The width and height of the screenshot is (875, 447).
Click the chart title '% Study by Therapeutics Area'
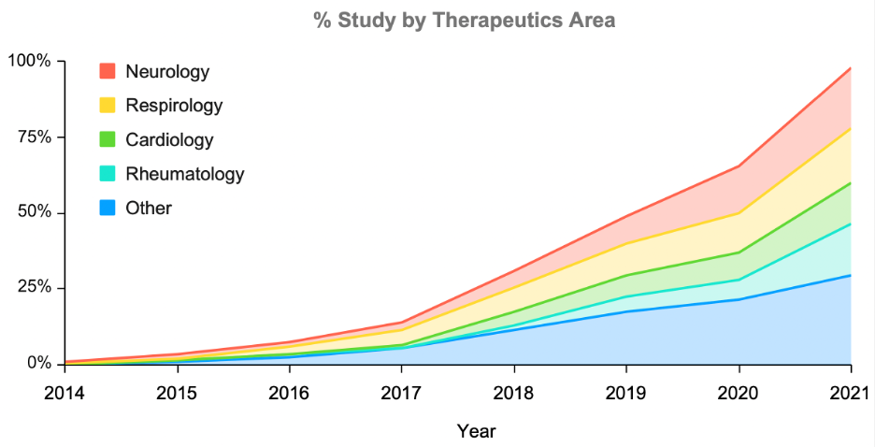click(465, 21)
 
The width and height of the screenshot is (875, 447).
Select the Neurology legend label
click(167, 72)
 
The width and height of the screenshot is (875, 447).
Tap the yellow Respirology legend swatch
click(108, 106)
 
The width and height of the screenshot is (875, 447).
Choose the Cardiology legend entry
click(169, 140)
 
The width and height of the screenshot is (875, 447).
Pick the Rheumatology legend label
click(184, 174)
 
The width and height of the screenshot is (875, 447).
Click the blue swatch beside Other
click(108, 208)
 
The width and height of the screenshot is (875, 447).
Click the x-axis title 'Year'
click(476, 431)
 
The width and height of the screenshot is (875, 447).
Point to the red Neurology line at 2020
click(739, 166)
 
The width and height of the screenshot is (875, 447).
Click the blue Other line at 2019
click(626, 311)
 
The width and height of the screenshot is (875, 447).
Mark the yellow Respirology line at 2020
click(739, 213)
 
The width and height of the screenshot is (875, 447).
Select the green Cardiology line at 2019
click(626, 275)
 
